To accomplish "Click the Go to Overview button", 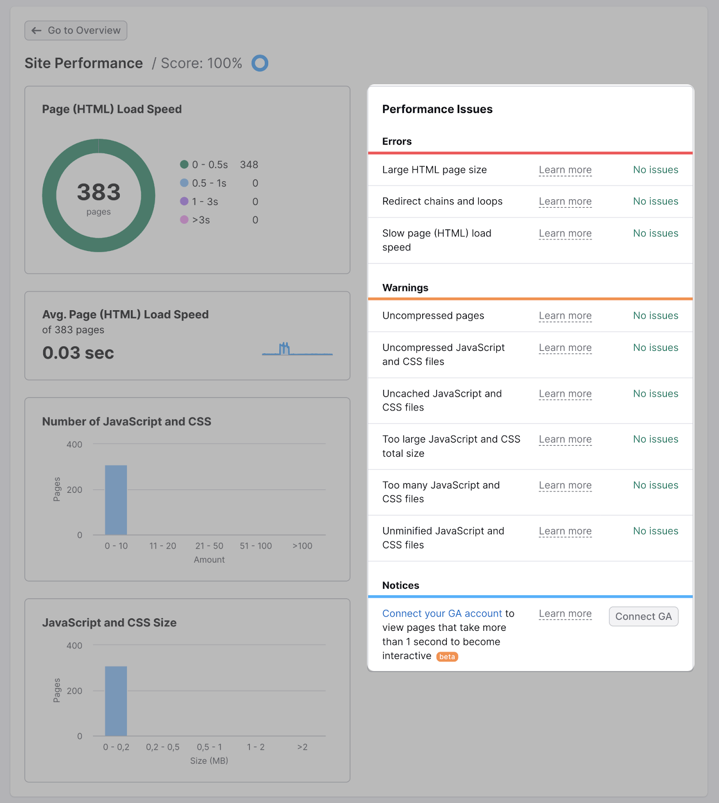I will click(x=76, y=31).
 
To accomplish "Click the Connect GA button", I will click(x=643, y=616).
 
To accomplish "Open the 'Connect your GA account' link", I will click(x=442, y=613).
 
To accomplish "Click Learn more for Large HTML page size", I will click(x=565, y=170).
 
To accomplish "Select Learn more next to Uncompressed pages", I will click(x=565, y=316).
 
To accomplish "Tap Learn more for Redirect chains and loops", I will click(x=565, y=201).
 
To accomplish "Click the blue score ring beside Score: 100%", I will click(x=260, y=63).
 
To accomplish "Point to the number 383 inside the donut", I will click(x=99, y=192).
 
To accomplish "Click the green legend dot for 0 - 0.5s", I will click(x=184, y=165).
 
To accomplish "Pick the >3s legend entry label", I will click(x=201, y=220).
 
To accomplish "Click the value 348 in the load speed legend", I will click(x=249, y=165).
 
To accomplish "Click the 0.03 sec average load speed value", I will click(x=78, y=353).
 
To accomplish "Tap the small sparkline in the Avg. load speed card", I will click(x=297, y=349).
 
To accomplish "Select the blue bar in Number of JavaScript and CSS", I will click(x=116, y=500).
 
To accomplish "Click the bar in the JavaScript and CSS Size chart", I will click(x=116, y=701).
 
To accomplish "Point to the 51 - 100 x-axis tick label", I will click(x=256, y=546).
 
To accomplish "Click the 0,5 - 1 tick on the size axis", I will click(x=209, y=747).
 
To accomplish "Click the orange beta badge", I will click(x=447, y=656).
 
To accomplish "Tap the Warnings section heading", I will click(x=405, y=288).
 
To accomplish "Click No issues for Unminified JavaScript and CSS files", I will click(x=655, y=531).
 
